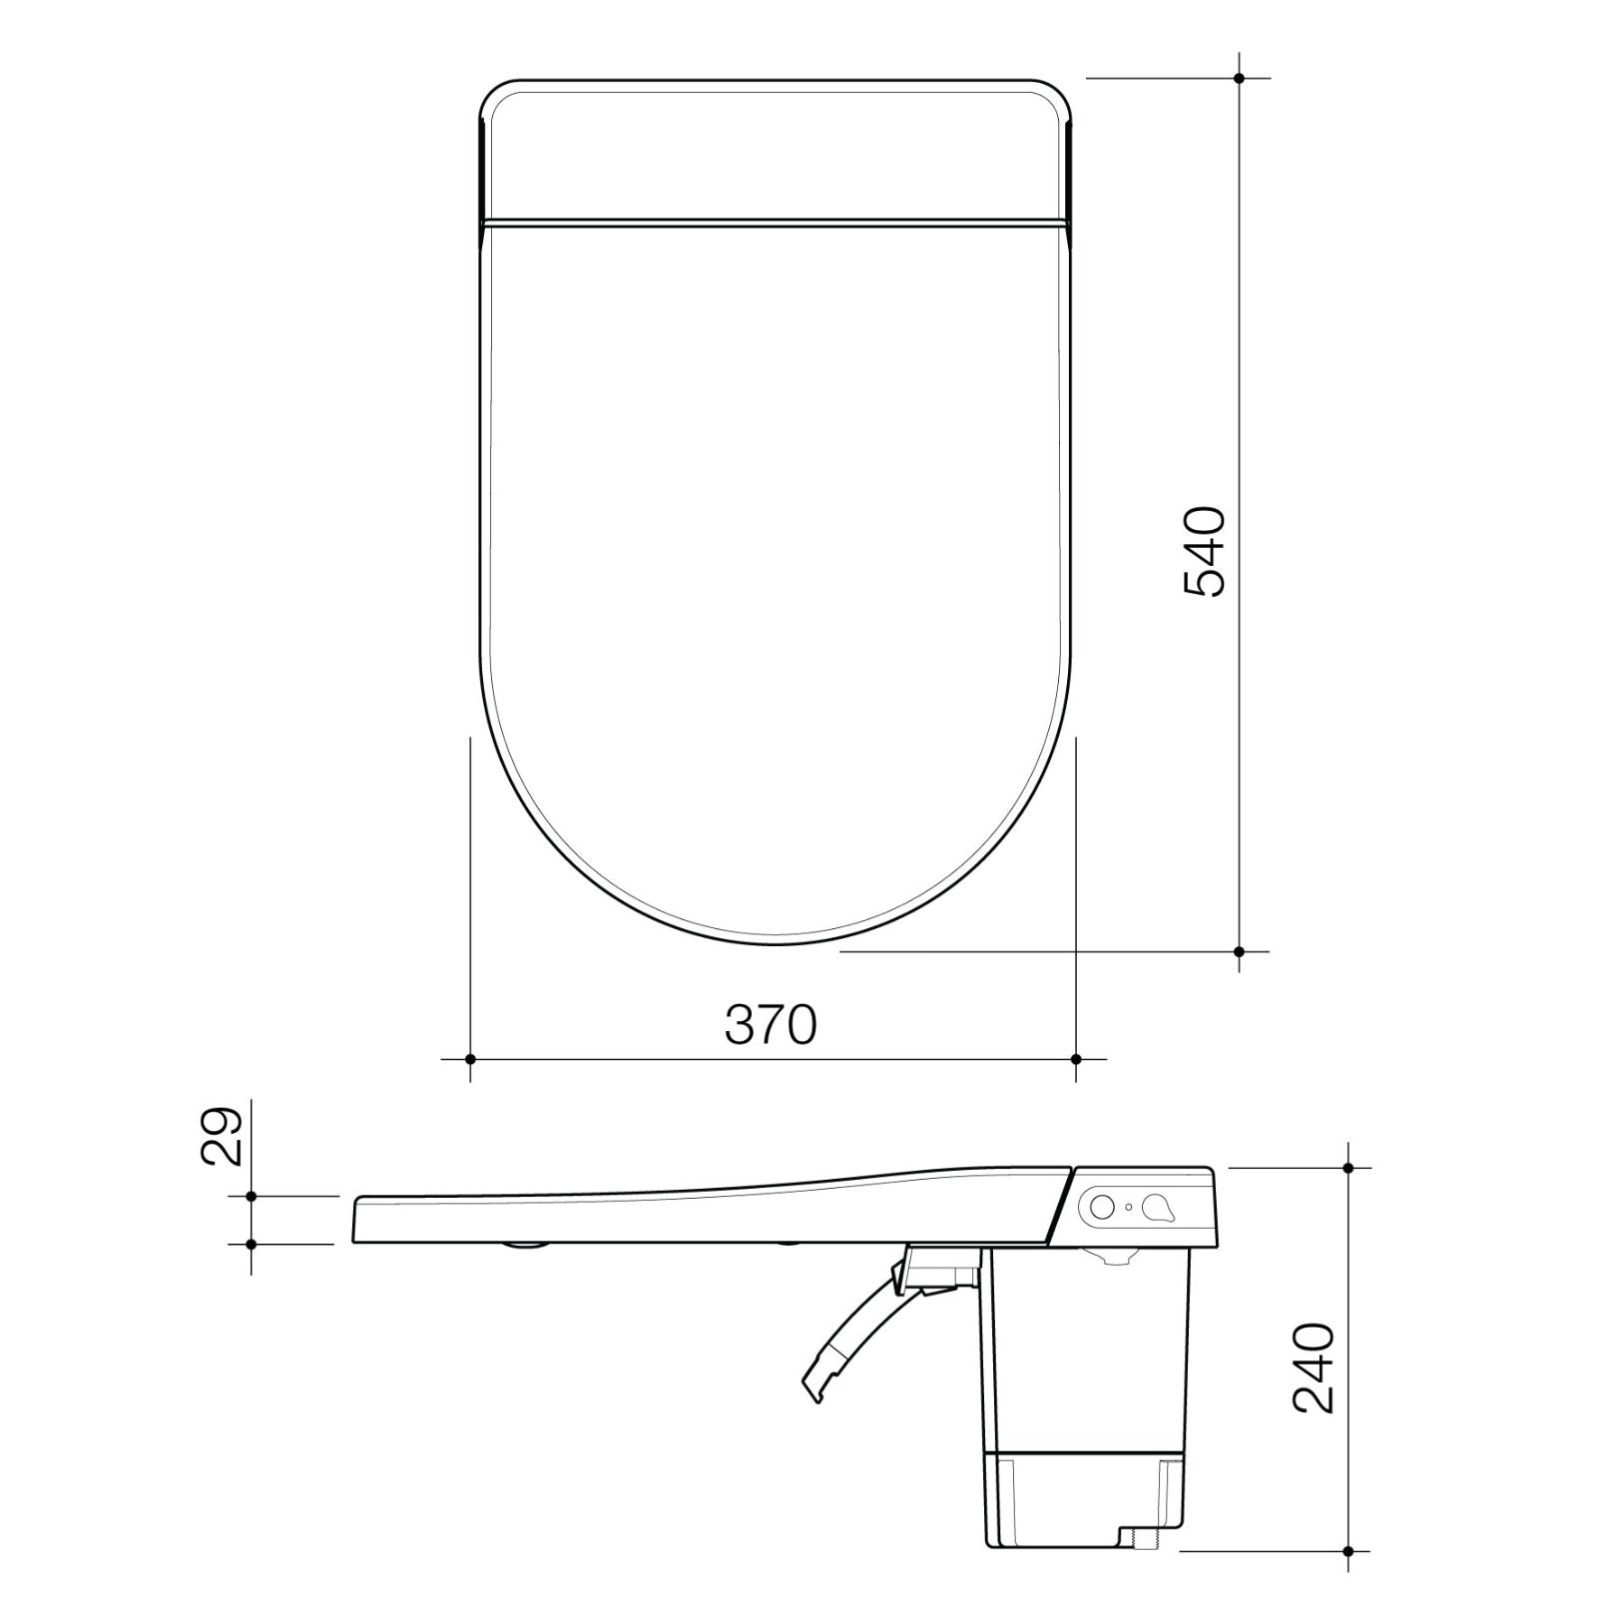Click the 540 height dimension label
coord(1204,552)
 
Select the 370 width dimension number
coord(771,1024)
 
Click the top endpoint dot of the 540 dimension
coord(1239,77)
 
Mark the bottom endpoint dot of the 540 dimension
coord(1239,951)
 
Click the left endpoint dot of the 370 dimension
coord(470,1058)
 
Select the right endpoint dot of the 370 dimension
coord(1075,1058)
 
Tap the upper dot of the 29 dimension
coord(252,1196)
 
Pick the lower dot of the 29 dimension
coord(252,1244)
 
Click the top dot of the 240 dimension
coord(1348,1167)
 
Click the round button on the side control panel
coord(1102,1206)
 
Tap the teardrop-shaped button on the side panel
coord(1158,1208)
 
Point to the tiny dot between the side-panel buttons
coord(1129,1207)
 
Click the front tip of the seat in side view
coord(356,1220)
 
